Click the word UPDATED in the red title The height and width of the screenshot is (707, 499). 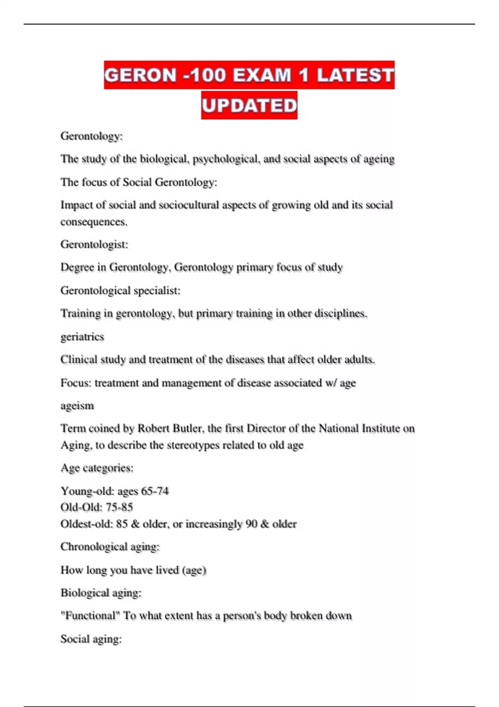coord(249,105)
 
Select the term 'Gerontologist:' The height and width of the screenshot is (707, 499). coord(94,244)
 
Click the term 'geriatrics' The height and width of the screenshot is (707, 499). coord(82,336)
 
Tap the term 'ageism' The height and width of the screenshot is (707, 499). coord(77,405)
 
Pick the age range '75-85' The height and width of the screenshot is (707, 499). coord(119,507)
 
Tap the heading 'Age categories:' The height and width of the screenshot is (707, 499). coord(97,468)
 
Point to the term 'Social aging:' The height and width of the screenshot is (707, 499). coord(91,639)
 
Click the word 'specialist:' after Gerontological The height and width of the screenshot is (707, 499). coord(157,290)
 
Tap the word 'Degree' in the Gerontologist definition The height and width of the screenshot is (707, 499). coord(77,267)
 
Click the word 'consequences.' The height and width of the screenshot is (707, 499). coord(94,222)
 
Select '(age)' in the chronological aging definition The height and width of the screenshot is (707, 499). coord(194,570)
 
